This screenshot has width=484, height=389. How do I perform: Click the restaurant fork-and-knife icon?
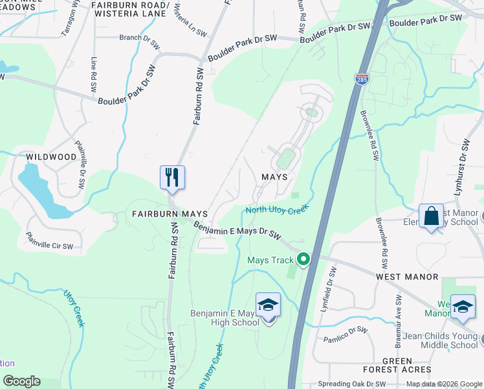click(172, 177)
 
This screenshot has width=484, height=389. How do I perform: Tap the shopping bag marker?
click(431, 217)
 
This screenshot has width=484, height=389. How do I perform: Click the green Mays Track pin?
click(303, 260)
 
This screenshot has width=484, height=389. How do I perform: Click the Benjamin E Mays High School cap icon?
click(268, 305)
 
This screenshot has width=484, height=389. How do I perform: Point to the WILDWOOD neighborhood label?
click(51, 157)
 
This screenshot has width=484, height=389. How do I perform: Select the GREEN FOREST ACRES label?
click(397, 366)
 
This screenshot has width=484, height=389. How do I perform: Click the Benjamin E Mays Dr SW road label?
click(239, 230)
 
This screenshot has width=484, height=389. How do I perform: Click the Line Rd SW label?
click(94, 73)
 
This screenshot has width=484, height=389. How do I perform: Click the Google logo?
click(21, 381)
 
